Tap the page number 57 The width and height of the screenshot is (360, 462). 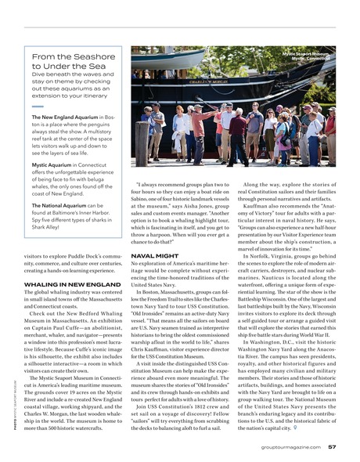pos(333,447)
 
